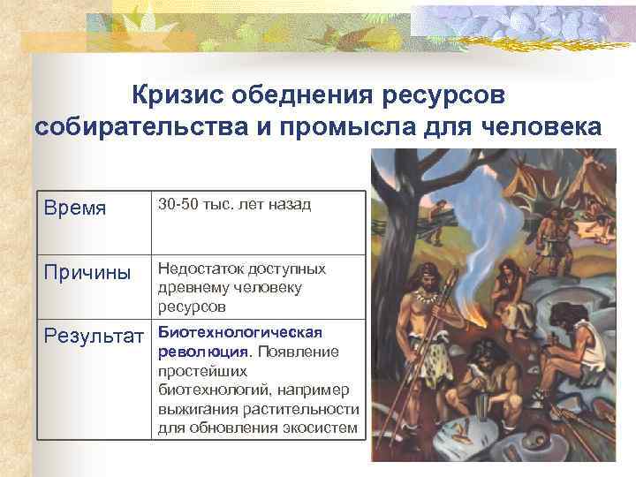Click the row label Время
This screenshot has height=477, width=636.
click(x=75, y=208)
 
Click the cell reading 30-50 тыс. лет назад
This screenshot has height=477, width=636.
click(x=234, y=205)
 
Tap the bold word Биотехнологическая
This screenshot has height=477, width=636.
click(x=240, y=331)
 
